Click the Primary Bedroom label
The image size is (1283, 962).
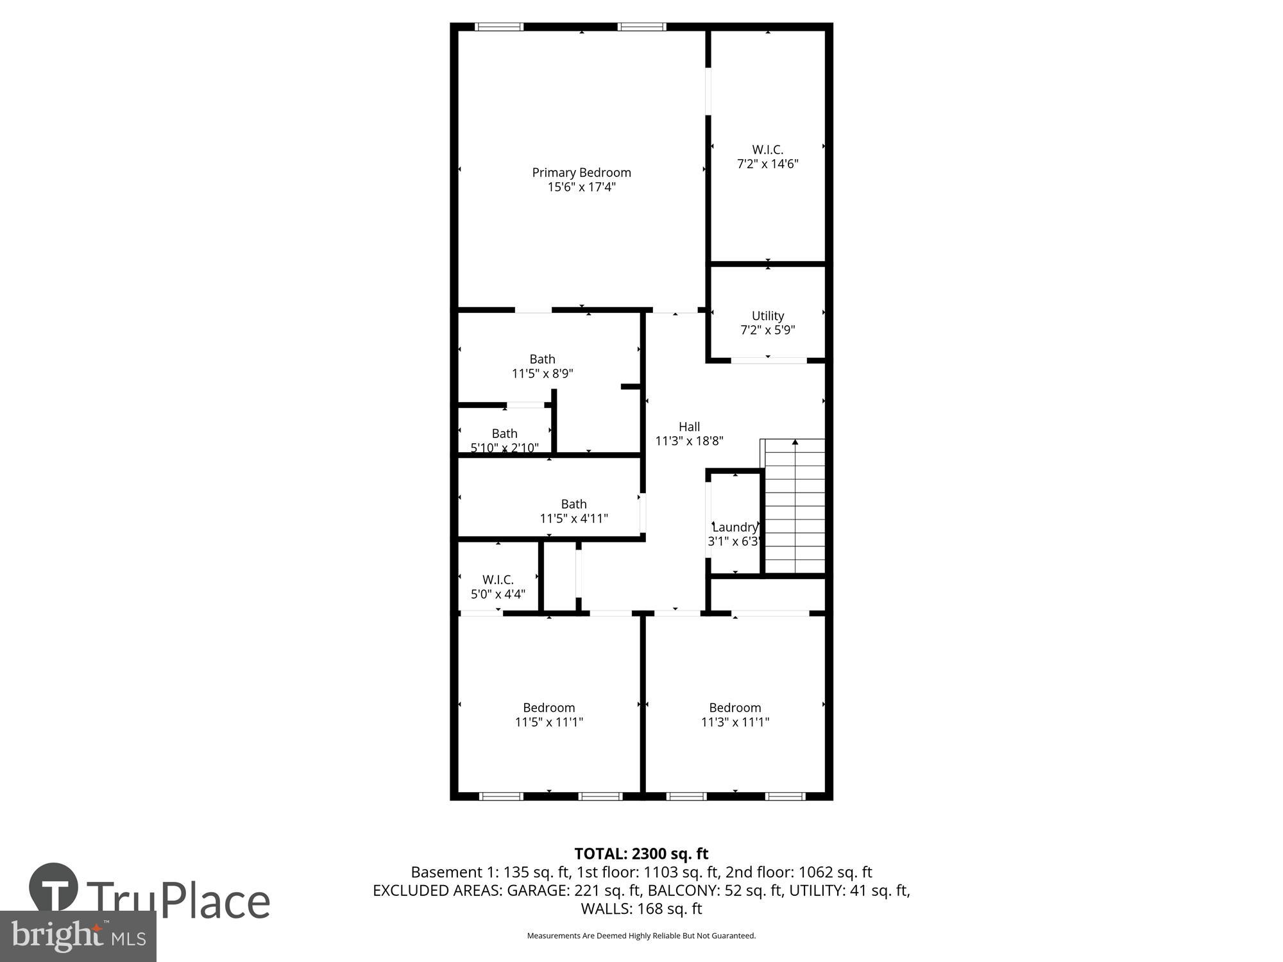[581, 173]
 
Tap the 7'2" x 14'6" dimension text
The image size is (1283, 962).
[767, 164]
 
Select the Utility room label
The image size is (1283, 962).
[767, 316]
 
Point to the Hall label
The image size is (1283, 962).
[689, 426]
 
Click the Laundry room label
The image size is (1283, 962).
[735, 527]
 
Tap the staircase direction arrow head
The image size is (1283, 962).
[795, 442]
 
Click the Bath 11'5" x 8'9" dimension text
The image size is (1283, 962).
[542, 373]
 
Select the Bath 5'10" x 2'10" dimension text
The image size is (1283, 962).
[504, 448]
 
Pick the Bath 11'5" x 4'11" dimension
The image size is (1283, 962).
[574, 518]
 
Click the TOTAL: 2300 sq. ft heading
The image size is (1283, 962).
[641, 854]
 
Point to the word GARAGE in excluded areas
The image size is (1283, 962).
[536, 890]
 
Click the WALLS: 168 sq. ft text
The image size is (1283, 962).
[641, 909]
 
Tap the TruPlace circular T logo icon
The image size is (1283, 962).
[54, 888]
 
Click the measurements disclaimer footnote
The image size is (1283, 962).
[641, 936]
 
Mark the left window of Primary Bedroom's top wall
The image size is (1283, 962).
[499, 27]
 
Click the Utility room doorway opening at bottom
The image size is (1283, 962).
[769, 360]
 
